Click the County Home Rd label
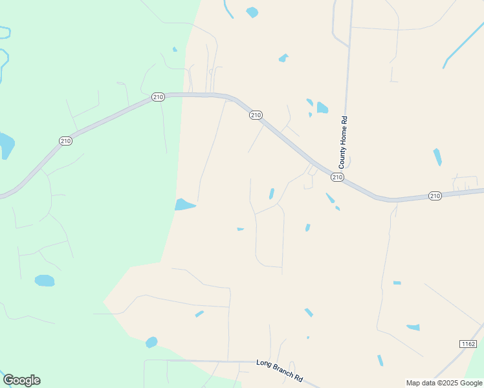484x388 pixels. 344,142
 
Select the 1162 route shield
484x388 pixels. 468,343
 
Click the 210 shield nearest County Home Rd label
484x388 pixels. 336,177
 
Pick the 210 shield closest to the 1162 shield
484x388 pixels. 435,195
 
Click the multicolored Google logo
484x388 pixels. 21,380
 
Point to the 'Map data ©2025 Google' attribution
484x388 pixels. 445,383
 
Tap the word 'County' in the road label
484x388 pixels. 342,156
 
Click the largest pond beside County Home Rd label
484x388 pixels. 322,107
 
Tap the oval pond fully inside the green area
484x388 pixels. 44,281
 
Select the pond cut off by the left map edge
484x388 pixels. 5,144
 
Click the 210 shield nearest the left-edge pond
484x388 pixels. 65,140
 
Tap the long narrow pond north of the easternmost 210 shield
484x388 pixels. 437,156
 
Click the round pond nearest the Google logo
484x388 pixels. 151,342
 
